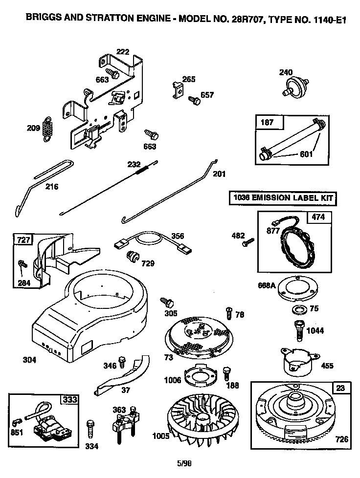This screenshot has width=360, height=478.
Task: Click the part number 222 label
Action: (122, 52)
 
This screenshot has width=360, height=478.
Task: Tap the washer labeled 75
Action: (298, 309)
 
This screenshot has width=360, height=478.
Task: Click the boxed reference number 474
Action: (318, 217)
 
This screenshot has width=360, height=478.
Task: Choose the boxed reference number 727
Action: (23, 239)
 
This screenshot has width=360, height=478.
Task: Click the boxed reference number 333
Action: (69, 399)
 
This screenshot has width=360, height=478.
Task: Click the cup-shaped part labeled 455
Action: (294, 361)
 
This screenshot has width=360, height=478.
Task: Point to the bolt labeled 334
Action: (90, 431)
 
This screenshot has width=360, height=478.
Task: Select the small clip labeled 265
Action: (178, 89)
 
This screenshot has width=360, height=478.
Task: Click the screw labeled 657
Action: (194, 100)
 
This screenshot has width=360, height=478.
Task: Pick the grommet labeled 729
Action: (132, 256)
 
